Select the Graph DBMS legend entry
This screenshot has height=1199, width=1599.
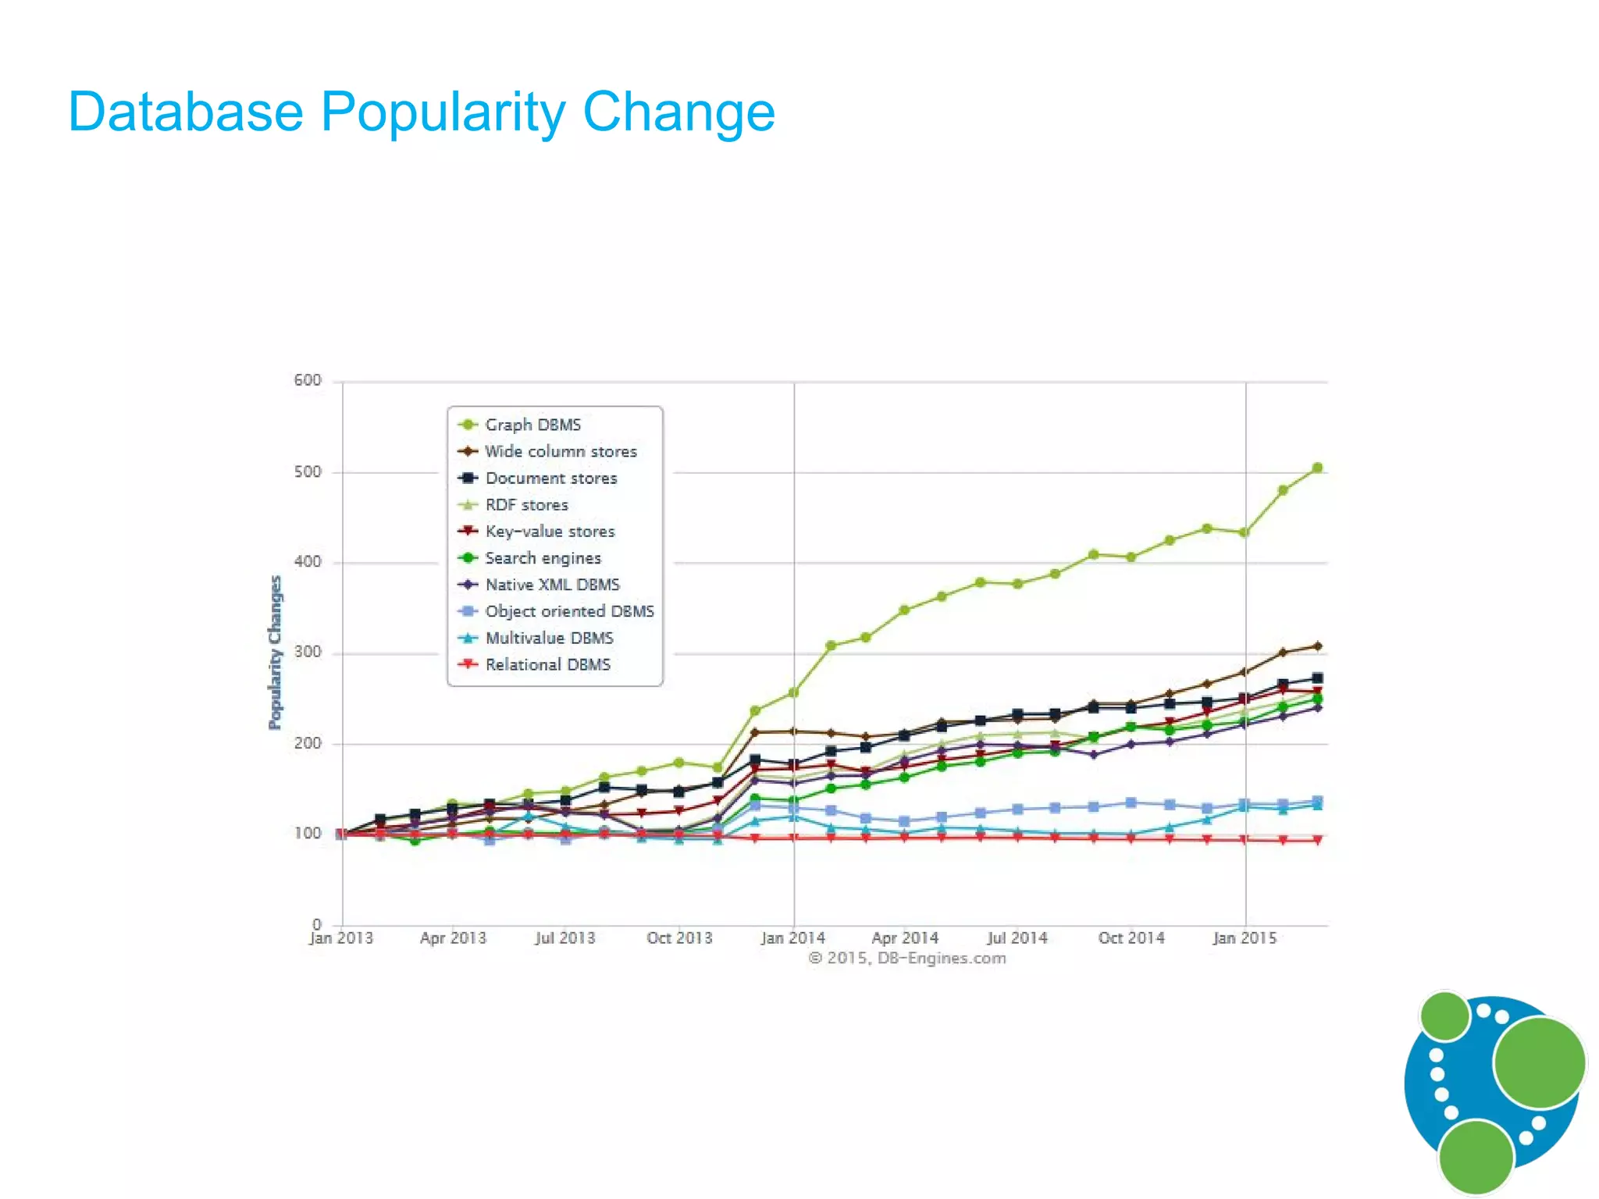point(532,425)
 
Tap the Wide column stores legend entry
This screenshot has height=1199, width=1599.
point(560,451)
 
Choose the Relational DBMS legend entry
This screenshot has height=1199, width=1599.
point(547,664)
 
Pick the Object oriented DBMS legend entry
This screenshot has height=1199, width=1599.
point(569,611)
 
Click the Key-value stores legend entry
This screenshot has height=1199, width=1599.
point(550,532)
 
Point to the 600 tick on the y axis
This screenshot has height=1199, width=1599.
point(307,380)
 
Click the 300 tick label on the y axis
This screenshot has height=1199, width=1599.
point(307,652)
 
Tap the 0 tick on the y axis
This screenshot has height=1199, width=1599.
point(316,924)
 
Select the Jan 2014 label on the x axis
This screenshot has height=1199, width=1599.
point(792,937)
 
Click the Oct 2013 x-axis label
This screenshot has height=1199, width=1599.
point(679,937)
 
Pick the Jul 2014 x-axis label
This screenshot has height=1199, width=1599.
point(1017,937)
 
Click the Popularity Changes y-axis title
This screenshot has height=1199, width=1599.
point(275,653)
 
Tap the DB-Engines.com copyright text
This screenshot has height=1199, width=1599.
point(906,958)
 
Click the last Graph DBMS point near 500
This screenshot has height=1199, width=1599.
point(1317,468)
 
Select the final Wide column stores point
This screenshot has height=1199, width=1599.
point(1317,646)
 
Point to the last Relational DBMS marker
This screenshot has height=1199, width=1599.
point(1317,840)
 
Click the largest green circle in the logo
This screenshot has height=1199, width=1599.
point(1539,1062)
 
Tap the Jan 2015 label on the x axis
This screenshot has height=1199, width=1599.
point(1245,937)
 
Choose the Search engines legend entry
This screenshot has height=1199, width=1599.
point(543,558)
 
